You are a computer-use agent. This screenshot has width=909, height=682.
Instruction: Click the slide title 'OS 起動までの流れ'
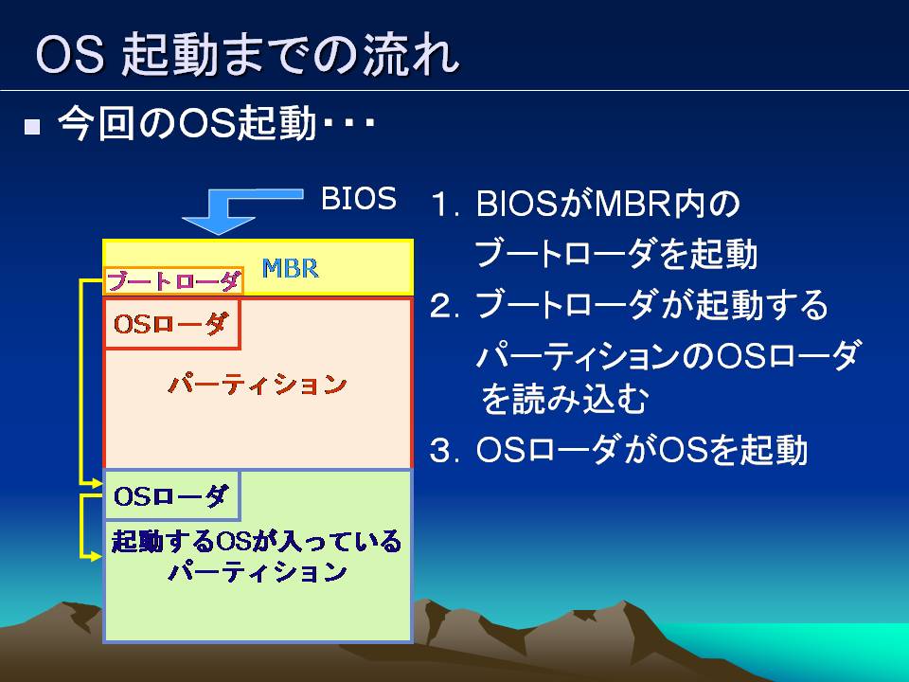(247, 54)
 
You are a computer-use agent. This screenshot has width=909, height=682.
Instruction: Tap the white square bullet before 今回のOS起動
(32, 126)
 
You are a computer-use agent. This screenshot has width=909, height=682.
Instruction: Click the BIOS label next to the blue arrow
(359, 198)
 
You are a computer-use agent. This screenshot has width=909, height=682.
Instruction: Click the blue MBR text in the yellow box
(290, 268)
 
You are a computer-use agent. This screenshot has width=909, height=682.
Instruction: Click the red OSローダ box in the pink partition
(171, 324)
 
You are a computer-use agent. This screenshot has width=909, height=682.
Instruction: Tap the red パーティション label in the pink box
(258, 385)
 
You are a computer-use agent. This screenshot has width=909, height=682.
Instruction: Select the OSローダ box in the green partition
(171, 495)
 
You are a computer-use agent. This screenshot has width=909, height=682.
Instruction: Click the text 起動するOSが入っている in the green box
(257, 541)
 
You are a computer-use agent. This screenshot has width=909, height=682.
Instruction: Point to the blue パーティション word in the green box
(258, 572)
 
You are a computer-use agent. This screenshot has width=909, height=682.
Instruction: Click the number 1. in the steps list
(445, 205)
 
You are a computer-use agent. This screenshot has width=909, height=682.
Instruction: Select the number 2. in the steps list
(445, 306)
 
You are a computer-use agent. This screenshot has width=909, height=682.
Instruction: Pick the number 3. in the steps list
(445, 451)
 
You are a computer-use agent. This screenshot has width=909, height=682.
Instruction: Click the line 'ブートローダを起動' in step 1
(615, 254)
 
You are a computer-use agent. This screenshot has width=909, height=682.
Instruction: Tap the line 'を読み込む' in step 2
(563, 399)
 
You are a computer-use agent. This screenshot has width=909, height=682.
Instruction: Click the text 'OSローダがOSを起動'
(641, 450)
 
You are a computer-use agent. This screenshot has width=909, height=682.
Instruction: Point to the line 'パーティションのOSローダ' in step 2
(667, 355)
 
